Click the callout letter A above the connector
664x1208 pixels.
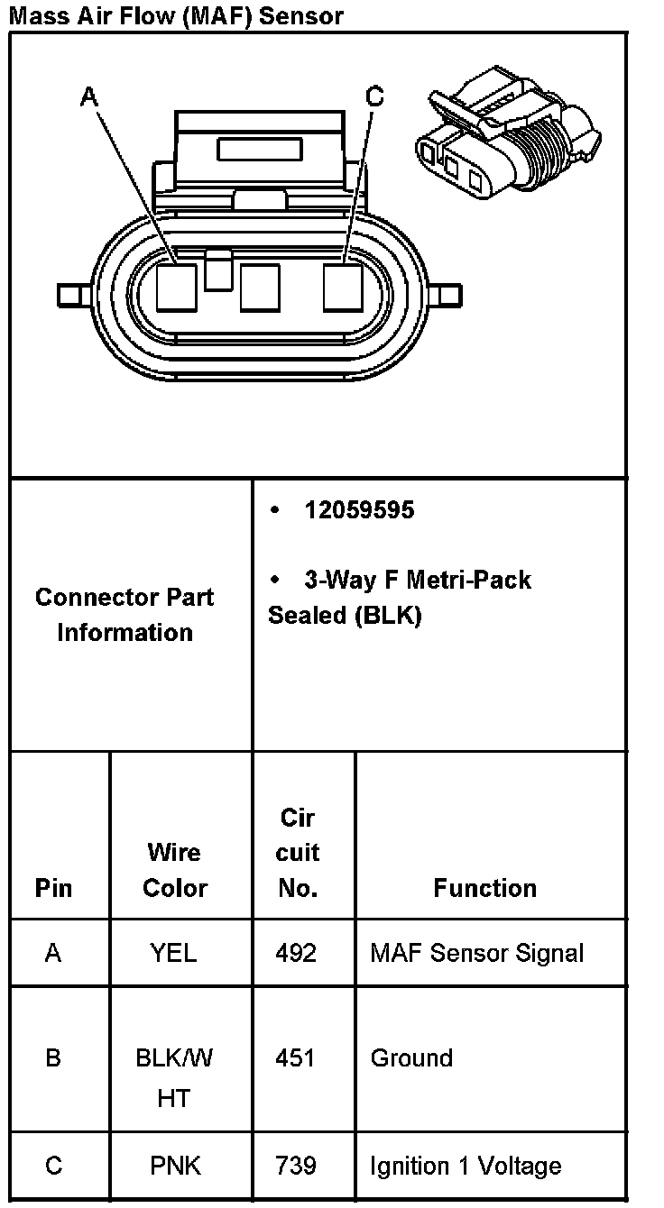[88, 96]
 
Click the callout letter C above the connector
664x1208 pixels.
[375, 96]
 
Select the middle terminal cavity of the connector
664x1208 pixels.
[260, 288]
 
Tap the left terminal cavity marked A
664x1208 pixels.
[176, 288]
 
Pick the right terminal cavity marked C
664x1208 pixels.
[344, 288]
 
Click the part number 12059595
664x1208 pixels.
[359, 510]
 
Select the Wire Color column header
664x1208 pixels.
[174, 870]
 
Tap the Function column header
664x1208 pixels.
[484, 888]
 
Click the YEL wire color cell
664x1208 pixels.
[174, 953]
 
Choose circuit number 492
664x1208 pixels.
[298, 953]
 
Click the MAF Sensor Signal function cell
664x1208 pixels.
[476, 953]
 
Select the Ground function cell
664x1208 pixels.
[411, 1057]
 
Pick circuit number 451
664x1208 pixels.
[298, 1057]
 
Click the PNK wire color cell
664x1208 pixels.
[175, 1166]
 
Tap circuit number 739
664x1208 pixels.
[298, 1166]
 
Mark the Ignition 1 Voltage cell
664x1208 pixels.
[466, 1166]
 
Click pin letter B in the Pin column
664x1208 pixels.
[53, 1057]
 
